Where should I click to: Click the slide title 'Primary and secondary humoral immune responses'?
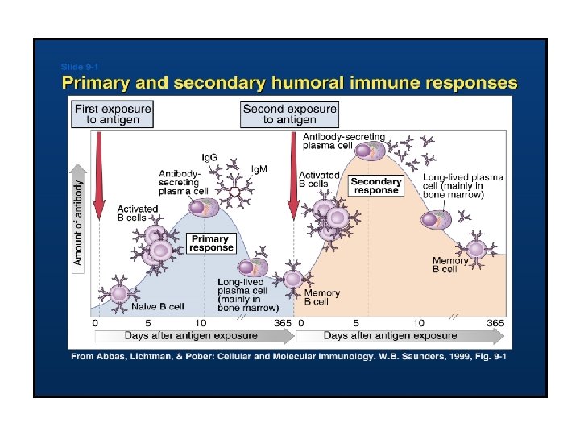[290, 83]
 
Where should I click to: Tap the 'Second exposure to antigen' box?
[289, 114]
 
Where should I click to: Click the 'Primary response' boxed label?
[210, 243]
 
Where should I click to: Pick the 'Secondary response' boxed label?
[375, 186]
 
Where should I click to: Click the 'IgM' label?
[259, 169]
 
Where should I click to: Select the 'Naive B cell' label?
[158, 306]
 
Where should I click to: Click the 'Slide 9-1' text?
[79, 66]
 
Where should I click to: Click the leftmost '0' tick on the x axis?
[96, 322]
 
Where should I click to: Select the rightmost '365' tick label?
[495, 322]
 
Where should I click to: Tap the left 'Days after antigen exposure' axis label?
[192, 335]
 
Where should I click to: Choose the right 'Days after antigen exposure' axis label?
[390, 335]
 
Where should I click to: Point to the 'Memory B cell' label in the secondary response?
[450, 265]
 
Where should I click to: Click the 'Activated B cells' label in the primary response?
[137, 213]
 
